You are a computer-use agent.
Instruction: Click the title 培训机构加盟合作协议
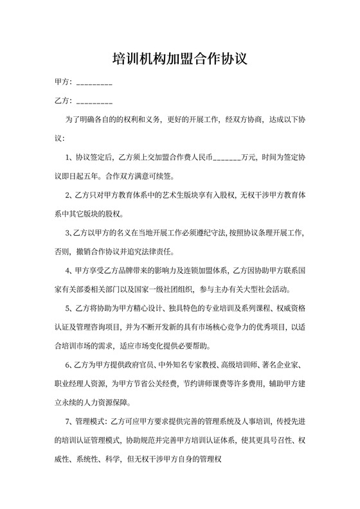180,60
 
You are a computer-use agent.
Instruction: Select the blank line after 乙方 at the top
94,102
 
